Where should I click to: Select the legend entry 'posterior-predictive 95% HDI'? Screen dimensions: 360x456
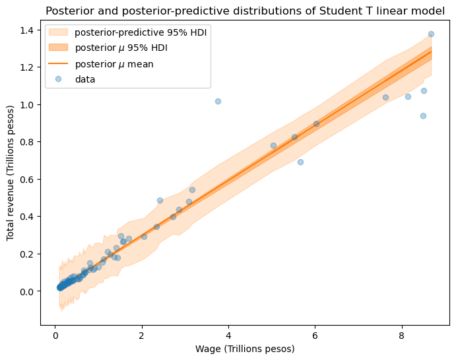(141, 33)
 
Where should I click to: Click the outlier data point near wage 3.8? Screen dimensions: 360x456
(218, 101)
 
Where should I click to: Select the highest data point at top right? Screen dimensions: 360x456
(431, 34)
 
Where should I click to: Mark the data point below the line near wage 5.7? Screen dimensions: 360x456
(300, 162)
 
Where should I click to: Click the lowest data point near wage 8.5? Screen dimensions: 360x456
(423, 116)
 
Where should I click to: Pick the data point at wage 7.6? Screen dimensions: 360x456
(385, 97)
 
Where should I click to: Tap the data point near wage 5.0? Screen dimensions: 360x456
(273, 145)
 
